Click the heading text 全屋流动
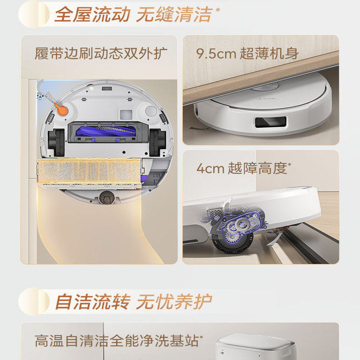(92, 14)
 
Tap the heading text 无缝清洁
(173, 14)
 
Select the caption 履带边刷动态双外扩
(101, 52)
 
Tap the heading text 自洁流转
(92, 302)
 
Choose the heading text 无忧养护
(173, 302)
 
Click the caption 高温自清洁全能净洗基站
(117, 341)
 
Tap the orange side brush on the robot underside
(60, 109)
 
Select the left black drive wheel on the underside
(56, 142)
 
